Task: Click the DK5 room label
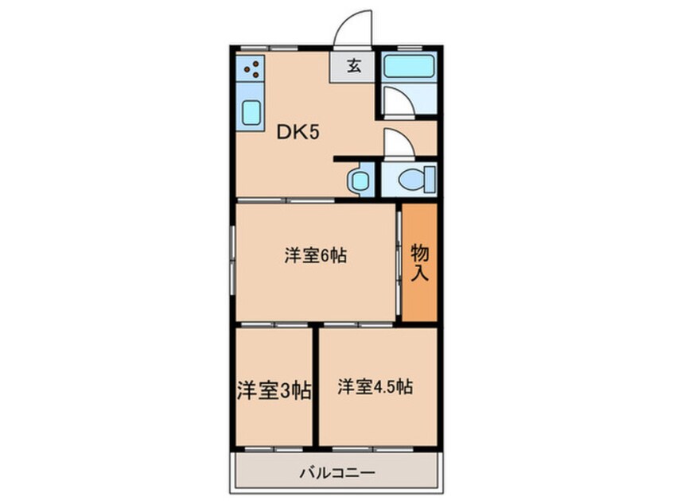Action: click(x=298, y=133)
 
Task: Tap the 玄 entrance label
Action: click(x=353, y=66)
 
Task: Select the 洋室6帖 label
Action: click(x=317, y=256)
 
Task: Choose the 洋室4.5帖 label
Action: click(x=375, y=387)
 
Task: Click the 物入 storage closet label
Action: click(x=420, y=263)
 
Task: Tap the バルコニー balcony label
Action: click(x=337, y=471)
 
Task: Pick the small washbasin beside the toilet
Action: click(x=359, y=180)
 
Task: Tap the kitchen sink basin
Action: click(x=251, y=114)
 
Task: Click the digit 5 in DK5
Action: click(x=314, y=133)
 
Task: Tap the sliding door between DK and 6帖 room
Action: click(x=286, y=200)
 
